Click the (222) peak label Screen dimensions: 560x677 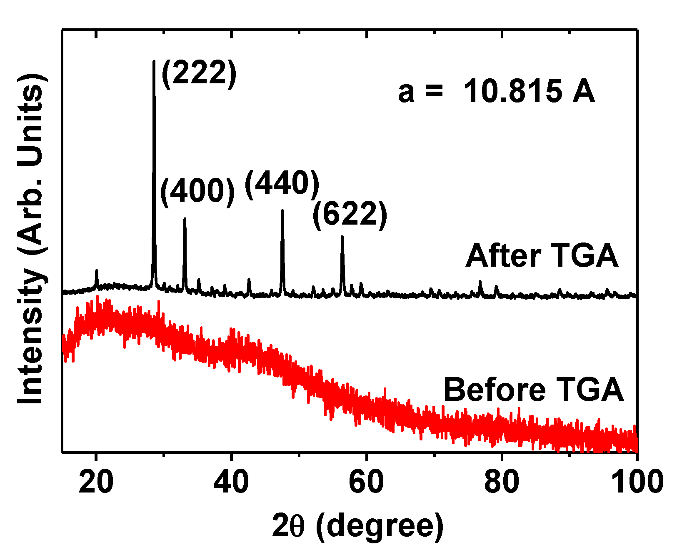pos(199,73)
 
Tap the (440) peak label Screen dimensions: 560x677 pos(282,184)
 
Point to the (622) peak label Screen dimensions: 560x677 pos(350,215)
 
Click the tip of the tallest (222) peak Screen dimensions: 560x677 pos(154,62)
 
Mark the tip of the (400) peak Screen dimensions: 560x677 pos(185,218)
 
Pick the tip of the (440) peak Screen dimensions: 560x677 pos(282,210)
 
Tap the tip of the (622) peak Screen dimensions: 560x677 pos(342,237)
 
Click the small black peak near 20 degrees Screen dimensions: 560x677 pos(97,271)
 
